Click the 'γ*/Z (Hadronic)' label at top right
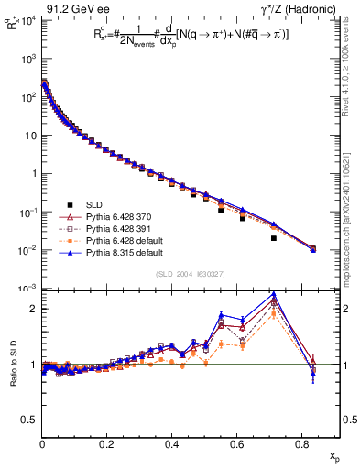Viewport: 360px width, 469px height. [x=305, y=8]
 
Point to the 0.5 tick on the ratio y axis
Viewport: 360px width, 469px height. [x=29, y=420]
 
